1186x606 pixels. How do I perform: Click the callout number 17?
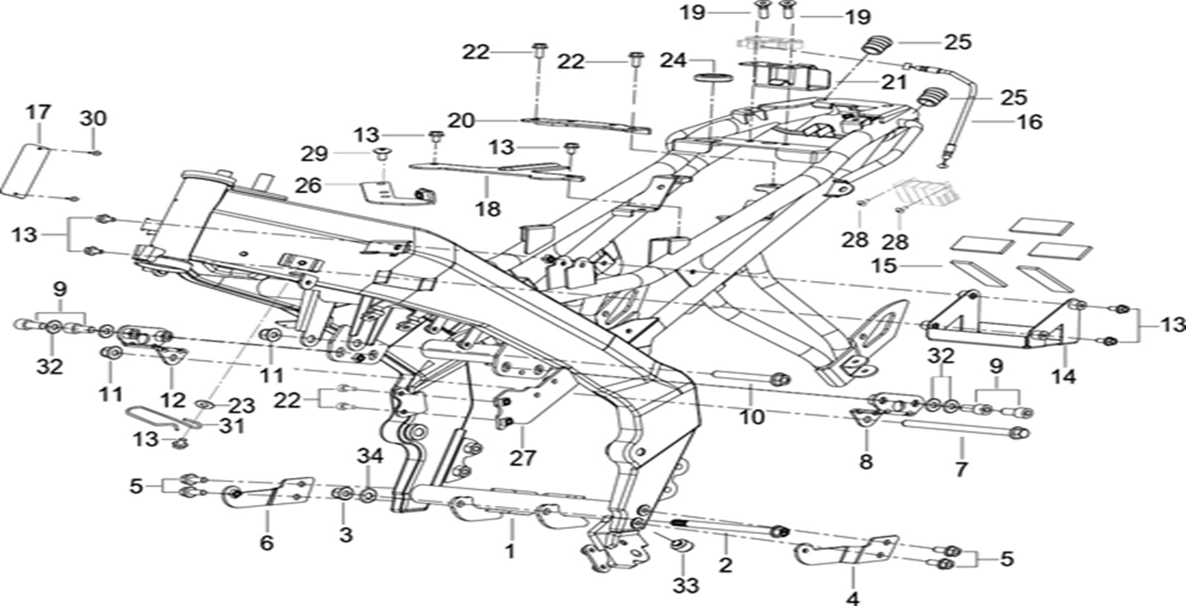(x=38, y=112)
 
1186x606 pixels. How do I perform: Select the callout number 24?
(x=673, y=61)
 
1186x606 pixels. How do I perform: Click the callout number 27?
(x=527, y=458)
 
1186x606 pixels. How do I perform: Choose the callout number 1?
(x=508, y=552)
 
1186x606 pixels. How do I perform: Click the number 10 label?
(x=752, y=416)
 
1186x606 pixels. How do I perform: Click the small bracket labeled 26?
(x=387, y=191)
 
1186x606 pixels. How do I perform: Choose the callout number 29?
(x=315, y=155)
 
